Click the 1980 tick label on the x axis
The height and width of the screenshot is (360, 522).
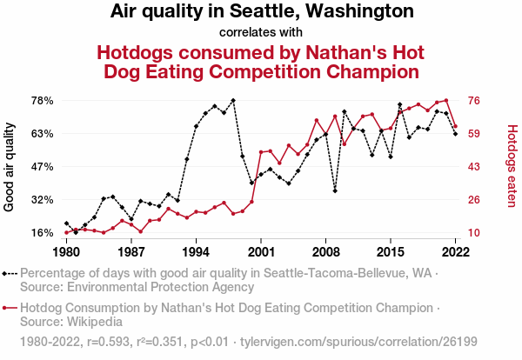coord(66,252)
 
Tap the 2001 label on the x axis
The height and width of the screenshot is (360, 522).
coord(261,252)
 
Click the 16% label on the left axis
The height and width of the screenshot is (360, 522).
coord(43,233)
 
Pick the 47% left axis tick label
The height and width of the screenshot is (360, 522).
coord(43,167)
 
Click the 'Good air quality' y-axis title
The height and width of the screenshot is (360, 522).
coord(10,167)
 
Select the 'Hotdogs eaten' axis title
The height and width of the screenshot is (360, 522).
coord(512,167)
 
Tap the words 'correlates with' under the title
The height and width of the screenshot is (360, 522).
coord(261,33)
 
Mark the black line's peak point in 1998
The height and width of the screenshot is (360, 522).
coord(233,101)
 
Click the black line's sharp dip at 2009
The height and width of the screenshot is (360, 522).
coord(335,190)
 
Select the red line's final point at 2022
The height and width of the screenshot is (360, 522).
coord(455,126)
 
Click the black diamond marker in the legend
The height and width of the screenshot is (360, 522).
coord(8,273)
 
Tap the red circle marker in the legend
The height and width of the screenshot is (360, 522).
coord(8,307)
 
